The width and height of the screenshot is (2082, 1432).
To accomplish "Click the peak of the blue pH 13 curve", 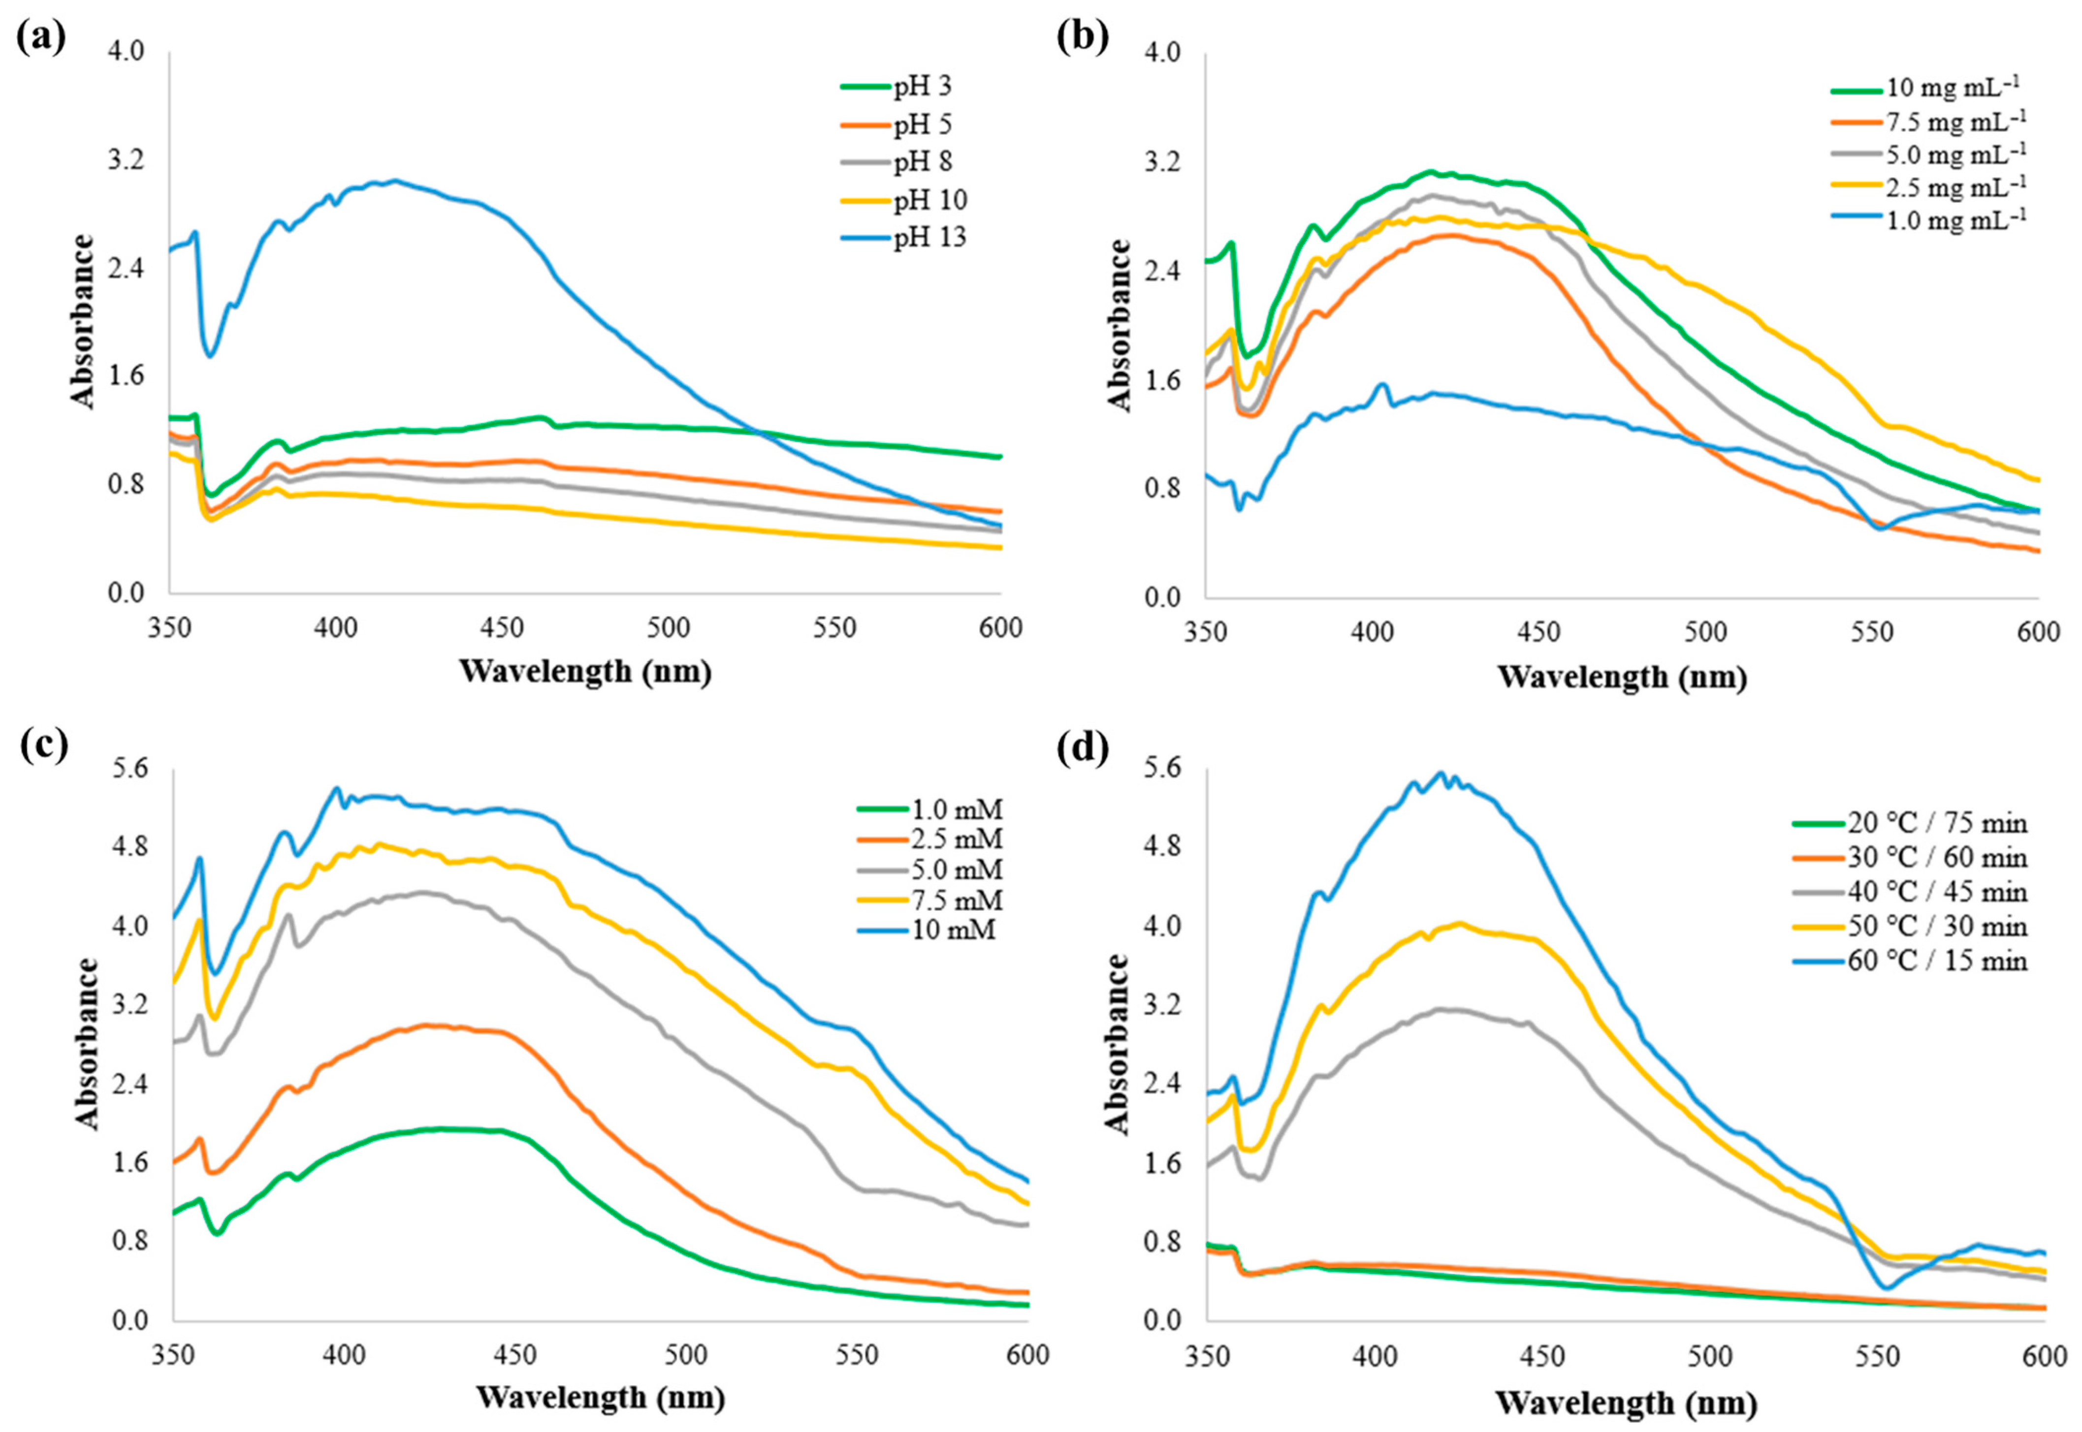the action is [x=395, y=181].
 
